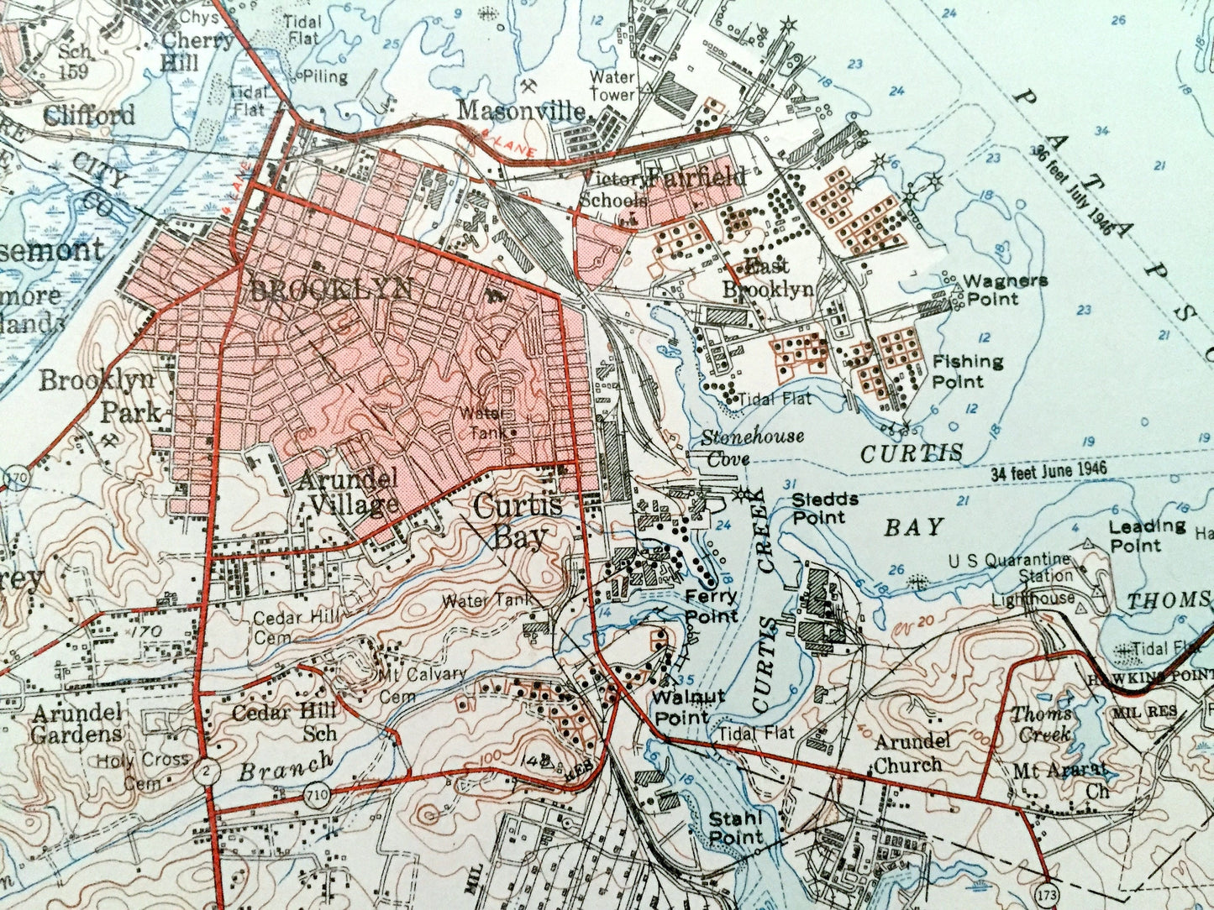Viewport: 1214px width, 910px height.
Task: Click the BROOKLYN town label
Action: (332, 289)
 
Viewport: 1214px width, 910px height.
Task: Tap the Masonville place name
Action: (522, 111)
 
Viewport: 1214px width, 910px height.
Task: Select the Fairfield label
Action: (697, 177)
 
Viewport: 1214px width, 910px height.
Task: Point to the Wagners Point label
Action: (1005, 290)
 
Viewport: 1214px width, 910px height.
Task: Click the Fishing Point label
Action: (968, 371)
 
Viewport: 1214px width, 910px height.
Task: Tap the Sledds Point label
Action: (825, 507)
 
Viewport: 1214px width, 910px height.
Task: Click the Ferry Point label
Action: (711, 605)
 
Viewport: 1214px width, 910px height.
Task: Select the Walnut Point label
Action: (689, 707)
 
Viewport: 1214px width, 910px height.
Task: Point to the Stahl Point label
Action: (735, 827)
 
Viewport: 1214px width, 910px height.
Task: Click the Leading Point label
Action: (1147, 536)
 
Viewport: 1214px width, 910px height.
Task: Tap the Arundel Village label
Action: (347, 491)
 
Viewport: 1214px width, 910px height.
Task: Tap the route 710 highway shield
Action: (315, 799)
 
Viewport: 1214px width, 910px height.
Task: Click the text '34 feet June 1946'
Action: (1048, 472)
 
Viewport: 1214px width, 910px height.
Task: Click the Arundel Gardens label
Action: (77, 723)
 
